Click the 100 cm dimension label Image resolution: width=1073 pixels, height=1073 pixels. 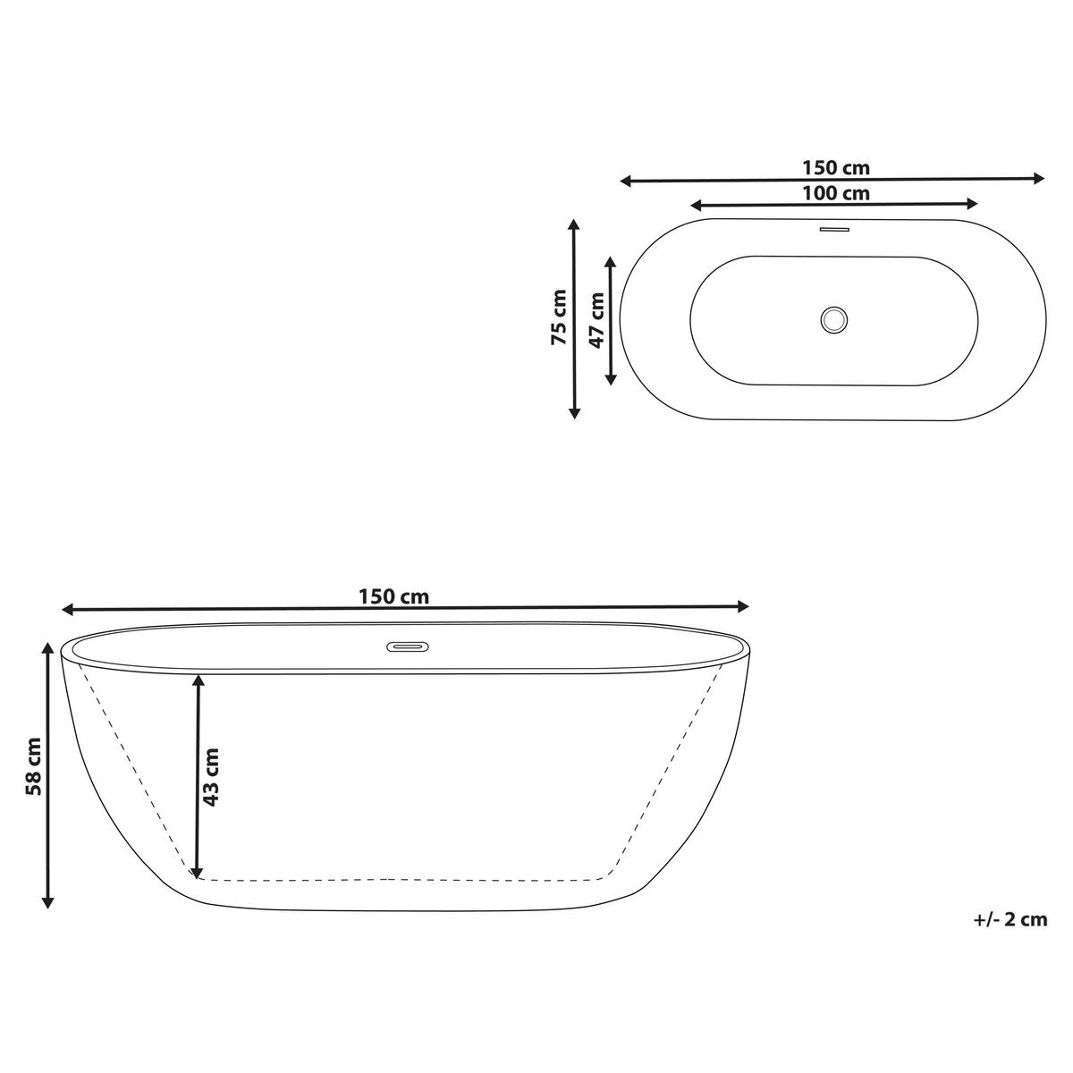coord(835,192)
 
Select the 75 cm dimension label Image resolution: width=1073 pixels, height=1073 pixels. coord(559,317)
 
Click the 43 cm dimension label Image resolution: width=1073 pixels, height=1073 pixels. coord(211,777)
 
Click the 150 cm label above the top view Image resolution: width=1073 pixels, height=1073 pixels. coord(835,167)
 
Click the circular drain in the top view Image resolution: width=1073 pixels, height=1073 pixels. coord(833,319)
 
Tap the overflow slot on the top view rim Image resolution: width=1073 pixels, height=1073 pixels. coord(833,229)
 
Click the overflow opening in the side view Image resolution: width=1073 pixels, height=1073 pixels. coord(407,645)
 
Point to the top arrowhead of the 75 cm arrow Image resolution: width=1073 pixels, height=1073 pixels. coord(575,225)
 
